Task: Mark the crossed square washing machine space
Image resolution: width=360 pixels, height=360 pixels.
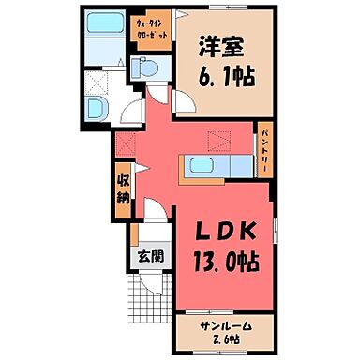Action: tap(95, 81)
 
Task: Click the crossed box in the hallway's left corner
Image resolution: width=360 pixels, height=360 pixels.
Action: tap(126, 143)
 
